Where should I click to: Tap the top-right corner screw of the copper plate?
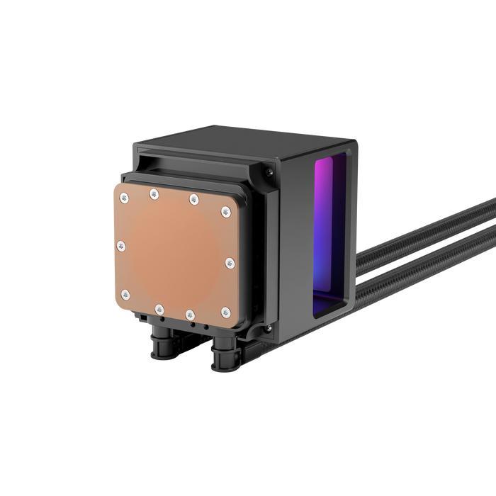click(x=226, y=211)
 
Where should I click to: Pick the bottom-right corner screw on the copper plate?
click(x=225, y=312)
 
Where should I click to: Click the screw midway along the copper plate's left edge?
click(x=121, y=246)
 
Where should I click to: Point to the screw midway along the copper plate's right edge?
click(x=229, y=263)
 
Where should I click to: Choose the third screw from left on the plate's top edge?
click(x=193, y=199)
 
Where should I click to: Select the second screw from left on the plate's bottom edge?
click(x=159, y=308)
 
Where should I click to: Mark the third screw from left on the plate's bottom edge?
click(x=190, y=314)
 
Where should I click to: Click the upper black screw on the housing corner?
click(x=268, y=170)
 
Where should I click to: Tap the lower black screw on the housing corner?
click(x=267, y=328)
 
